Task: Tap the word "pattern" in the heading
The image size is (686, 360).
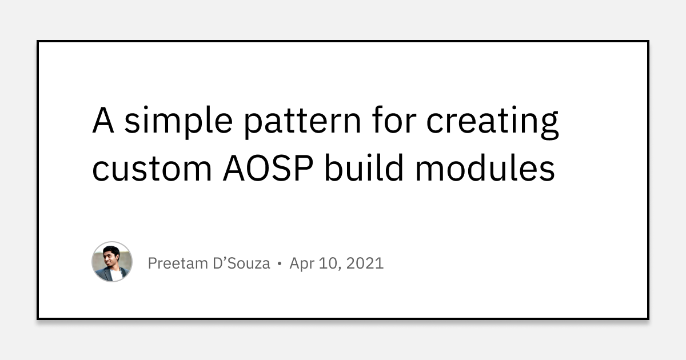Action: click(302, 121)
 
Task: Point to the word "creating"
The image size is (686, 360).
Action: click(493, 122)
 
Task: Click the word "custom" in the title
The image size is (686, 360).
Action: click(152, 169)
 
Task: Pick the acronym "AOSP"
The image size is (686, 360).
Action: click(268, 168)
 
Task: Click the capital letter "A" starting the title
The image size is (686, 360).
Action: click(103, 119)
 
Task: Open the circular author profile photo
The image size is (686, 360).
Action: click(112, 262)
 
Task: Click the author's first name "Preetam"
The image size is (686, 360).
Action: click(178, 263)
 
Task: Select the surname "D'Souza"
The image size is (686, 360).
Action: click(241, 263)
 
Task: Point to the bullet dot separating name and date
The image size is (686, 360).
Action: click(280, 263)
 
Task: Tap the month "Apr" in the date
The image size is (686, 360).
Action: click(302, 264)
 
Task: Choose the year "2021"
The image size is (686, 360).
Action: click(365, 263)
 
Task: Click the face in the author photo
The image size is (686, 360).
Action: click(110, 255)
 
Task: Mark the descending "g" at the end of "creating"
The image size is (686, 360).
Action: click(549, 126)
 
